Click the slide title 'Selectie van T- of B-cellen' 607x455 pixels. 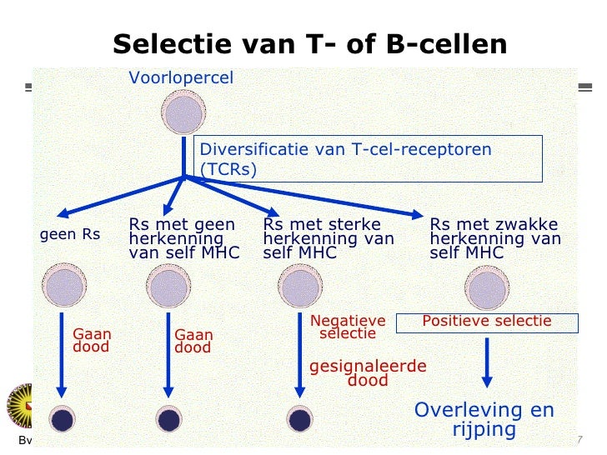(x=309, y=44)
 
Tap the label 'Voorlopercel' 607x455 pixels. (x=181, y=78)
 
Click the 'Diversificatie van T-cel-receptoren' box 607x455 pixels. (x=368, y=158)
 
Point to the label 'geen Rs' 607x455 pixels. (x=70, y=235)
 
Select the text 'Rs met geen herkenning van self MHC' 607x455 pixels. (x=184, y=238)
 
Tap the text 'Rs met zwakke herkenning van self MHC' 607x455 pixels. (x=495, y=238)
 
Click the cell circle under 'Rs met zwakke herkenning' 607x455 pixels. (x=487, y=288)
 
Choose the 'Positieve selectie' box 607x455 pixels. (x=487, y=322)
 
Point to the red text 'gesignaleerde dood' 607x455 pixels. (x=368, y=373)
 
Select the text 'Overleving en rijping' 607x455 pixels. (x=484, y=420)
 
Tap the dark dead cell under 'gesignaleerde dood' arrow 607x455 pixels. (x=299, y=419)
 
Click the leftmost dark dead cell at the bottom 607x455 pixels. (x=63, y=419)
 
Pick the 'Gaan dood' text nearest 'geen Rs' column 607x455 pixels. (x=92, y=340)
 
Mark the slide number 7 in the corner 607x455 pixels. (x=579, y=439)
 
